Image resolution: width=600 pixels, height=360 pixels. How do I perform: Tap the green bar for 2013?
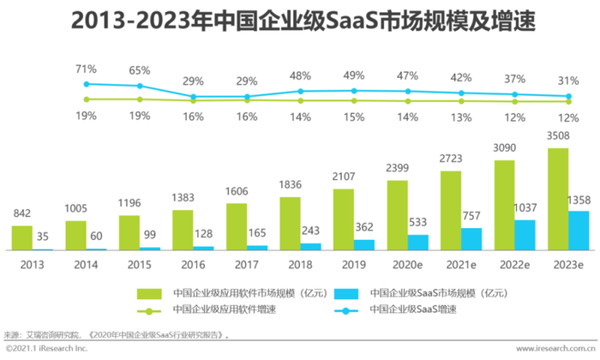(22, 237)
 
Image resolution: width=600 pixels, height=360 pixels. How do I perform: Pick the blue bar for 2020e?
(417, 242)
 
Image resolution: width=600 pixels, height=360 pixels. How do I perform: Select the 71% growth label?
(86, 68)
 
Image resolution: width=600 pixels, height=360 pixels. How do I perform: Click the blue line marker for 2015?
(140, 86)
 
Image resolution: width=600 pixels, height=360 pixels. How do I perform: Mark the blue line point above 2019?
(353, 90)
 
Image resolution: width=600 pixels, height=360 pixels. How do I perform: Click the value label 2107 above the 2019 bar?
(344, 179)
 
